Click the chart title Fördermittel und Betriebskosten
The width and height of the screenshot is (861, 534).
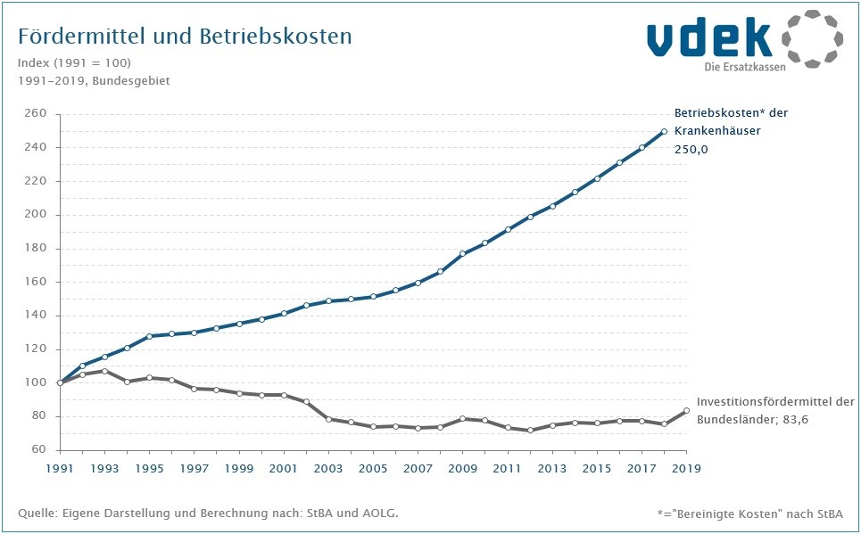pyautogui.click(x=185, y=37)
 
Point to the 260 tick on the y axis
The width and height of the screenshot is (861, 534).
pyautogui.click(x=35, y=114)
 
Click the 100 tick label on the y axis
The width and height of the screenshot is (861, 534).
pyautogui.click(x=35, y=383)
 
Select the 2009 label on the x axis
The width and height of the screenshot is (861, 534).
pyautogui.click(x=463, y=468)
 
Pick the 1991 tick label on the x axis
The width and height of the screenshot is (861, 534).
pyautogui.click(x=60, y=468)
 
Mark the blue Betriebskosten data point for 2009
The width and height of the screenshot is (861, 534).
pyautogui.click(x=463, y=254)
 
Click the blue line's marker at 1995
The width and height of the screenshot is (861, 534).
pyautogui.click(x=149, y=336)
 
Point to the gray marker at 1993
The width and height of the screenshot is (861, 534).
pyautogui.click(x=104, y=371)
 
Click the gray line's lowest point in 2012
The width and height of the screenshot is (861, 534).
pyautogui.click(x=530, y=431)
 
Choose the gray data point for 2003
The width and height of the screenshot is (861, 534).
pyautogui.click(x=328, y=419)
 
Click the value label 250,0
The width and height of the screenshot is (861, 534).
pyautogui.click(x=691, y=150)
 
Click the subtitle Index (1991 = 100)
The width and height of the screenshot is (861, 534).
pyautogui.click(x=74, y=62)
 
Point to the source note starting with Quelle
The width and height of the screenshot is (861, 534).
pyautogui.click(x=208, y=513)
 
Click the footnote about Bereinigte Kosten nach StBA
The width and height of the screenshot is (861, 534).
pyautogui.click(x=749, y=514)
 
